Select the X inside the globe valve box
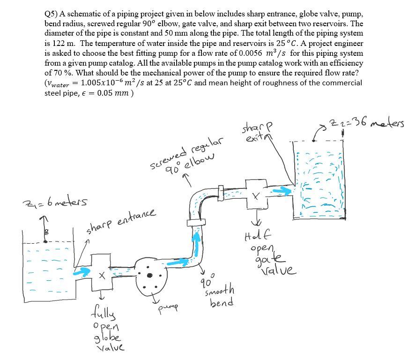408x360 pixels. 101,276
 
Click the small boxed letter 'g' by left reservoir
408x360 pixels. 45,232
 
